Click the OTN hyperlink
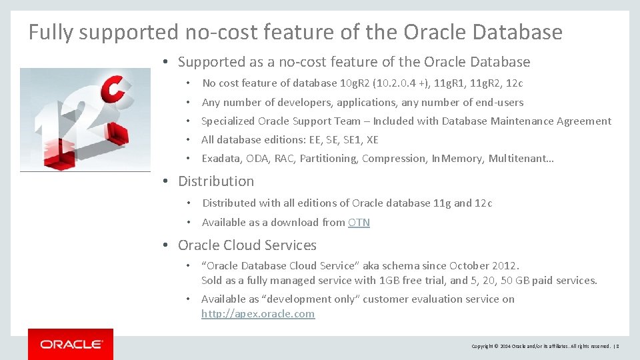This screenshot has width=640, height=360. point(359,223)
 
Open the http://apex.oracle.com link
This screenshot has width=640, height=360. point(258,314)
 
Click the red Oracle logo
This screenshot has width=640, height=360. point(71,344)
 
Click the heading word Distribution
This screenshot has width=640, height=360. point(216,181)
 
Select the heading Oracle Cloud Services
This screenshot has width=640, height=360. point(247,245)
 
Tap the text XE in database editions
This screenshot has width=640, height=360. point(372,140)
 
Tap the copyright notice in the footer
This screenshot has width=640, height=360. point(541,346)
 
